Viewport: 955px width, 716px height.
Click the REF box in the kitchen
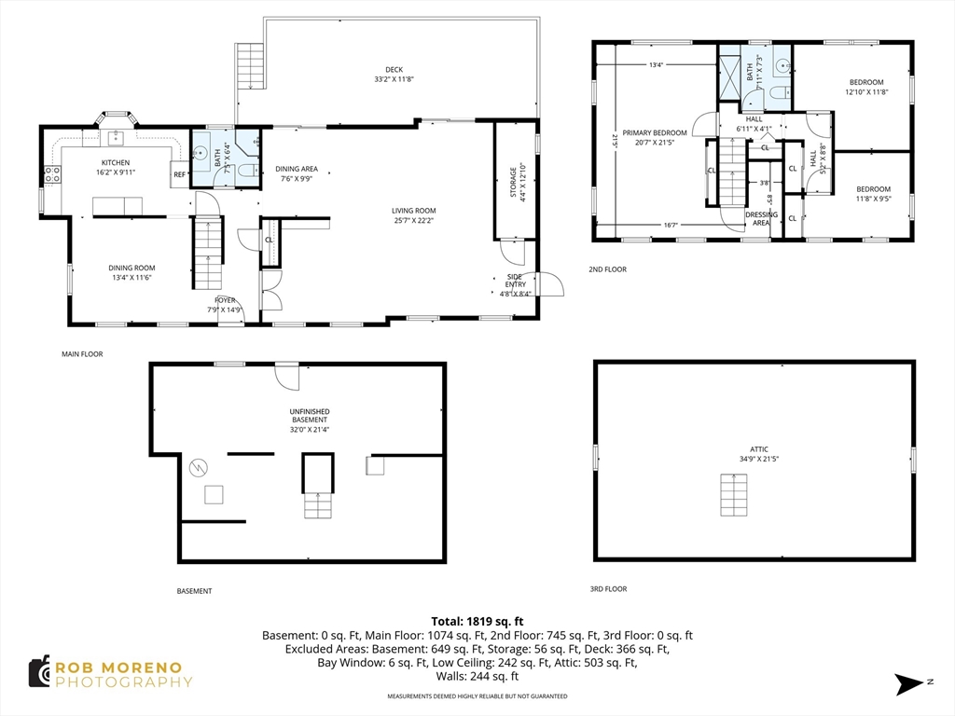[180, 174]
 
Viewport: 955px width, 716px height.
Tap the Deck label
[394, 75]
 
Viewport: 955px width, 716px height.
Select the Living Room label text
[413, 215]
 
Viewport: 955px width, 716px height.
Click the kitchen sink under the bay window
[116, 138]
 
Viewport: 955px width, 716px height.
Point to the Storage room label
[517, 181]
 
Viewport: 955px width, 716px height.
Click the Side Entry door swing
[551, 283]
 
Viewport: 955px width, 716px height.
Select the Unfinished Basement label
[310, 420]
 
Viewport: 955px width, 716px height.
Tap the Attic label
[759, 454]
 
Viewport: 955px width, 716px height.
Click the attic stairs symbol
[733, 495]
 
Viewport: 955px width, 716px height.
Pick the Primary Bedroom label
[654, 138]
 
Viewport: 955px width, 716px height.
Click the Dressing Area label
[761, 218]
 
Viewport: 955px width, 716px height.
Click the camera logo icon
[39, 672]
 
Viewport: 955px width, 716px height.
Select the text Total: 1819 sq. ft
[477, 622]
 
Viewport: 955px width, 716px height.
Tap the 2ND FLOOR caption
[607, 269]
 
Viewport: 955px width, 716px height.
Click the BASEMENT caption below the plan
[194, 590]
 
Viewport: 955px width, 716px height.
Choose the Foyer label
[225, 305]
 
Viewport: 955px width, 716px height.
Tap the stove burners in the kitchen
[52, 174]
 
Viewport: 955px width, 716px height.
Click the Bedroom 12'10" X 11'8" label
[866, 87]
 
